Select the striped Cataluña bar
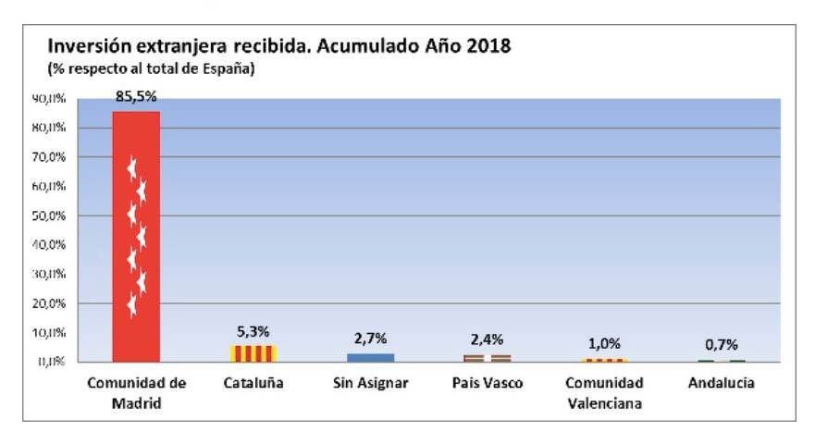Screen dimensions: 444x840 253,353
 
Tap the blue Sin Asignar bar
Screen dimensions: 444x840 370,357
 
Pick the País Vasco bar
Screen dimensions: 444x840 488,358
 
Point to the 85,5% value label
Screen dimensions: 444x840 136,96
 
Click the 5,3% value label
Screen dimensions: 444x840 253,331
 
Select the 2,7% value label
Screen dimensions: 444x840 370,339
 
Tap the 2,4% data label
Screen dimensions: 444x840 488,340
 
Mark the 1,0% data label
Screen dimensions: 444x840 604,344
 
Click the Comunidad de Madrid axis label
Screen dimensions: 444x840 136,392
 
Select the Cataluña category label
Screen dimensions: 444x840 253,383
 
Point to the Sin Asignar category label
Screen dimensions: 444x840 370,383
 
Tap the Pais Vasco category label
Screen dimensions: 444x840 488,383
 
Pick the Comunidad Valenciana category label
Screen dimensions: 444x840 604,392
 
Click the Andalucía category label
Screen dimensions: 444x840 722,383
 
